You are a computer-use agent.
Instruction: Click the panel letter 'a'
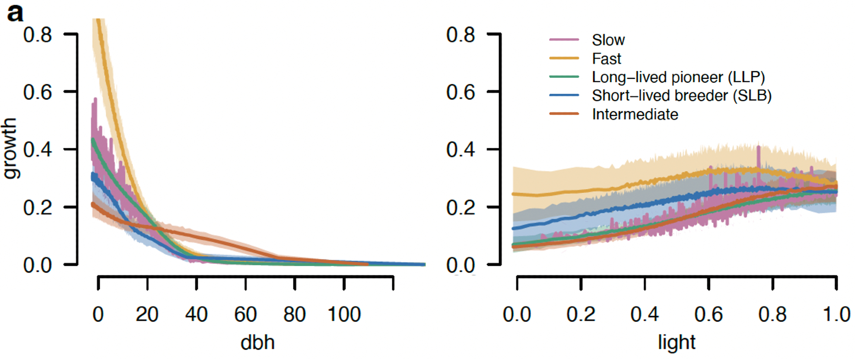15,13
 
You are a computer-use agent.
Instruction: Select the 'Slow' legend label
608,40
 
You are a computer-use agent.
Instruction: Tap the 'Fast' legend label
606,59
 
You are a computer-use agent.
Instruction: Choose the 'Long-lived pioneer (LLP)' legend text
678,77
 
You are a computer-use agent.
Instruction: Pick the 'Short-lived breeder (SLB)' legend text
681,96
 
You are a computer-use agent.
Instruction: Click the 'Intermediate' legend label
635,115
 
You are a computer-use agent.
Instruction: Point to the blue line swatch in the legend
564,95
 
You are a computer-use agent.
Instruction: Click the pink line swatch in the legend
564,40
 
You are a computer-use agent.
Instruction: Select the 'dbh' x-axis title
257,343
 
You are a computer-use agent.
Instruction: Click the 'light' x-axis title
677,343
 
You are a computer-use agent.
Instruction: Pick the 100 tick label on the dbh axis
344,315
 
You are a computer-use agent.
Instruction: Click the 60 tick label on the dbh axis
245,315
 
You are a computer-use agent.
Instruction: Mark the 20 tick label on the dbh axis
147,315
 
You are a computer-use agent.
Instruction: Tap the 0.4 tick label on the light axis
645,315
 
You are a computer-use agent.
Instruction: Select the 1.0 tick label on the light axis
836,315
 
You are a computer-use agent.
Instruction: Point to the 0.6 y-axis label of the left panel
38,92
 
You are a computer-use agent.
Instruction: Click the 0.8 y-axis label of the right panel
461,35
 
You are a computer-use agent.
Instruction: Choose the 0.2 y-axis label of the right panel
461,208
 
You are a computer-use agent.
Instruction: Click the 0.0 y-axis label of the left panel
38,265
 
